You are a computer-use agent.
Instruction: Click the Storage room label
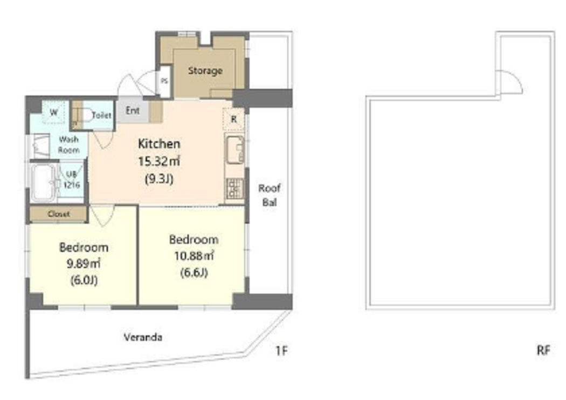[x=205, y=71]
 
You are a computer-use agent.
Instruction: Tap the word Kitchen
[x=159, y=144]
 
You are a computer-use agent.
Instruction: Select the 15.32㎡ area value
[x=159, y=161]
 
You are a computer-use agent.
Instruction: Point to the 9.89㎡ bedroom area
[x=84, y=264]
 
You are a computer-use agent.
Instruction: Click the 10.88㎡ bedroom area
[x=194, y=256]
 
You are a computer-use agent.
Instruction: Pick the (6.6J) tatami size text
[x=194, y=272]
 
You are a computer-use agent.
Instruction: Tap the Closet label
[x=59, y=214]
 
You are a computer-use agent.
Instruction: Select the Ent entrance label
[x=133, y=111]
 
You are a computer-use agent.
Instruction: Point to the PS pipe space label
[x=164, y=81]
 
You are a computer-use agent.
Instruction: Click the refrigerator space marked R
[x=234, y=119]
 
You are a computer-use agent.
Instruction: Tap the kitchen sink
[x=235, y=150]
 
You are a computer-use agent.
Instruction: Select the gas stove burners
[x=235, y=189]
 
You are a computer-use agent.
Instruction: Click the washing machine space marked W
[x=53, y=112]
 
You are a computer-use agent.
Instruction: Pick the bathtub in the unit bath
[x=43, y=183]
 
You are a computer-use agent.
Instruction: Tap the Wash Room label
[x=68, y=144]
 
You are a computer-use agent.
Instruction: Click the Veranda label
[x=143, y=337]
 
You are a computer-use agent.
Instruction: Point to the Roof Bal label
[x=270, y=195]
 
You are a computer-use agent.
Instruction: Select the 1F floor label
[x=281, y=350]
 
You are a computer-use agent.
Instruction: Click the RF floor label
[x=543, y=350]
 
